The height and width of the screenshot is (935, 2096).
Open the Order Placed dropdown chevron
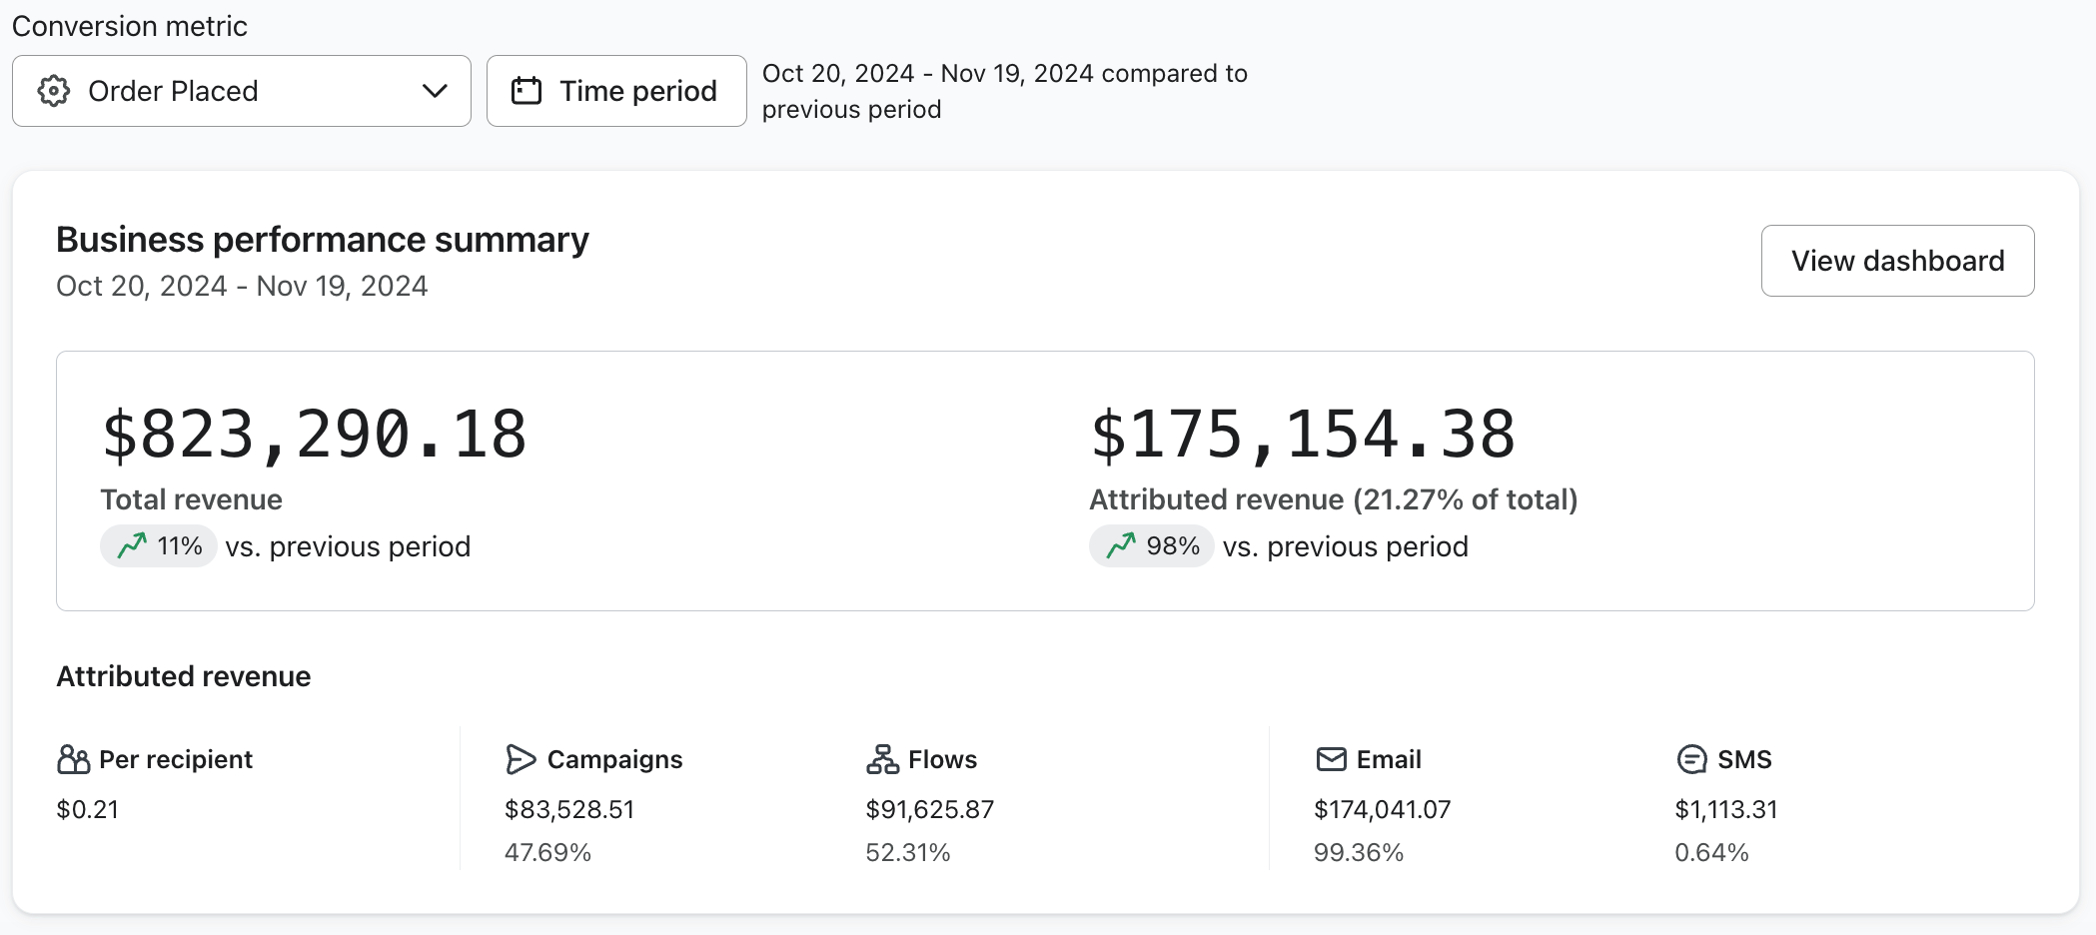tap(435, 91)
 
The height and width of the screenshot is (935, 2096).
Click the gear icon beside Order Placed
tap(54, 91)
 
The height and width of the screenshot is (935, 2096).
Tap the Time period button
tap(616, 91)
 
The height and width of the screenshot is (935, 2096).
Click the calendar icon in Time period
tap(526, 91)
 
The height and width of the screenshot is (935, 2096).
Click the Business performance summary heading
tap(322, 240)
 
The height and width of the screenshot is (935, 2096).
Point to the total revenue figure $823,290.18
tap(314, 435)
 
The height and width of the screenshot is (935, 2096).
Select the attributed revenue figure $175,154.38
tap(1302, 435)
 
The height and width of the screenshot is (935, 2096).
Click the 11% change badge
tap(159, 546)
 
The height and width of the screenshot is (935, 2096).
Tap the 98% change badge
tap(1151, 546)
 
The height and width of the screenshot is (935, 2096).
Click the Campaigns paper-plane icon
tap(521, 759)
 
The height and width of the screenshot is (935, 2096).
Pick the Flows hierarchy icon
tap(882, 759)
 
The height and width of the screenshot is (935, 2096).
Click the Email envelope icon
tap(1331, 759)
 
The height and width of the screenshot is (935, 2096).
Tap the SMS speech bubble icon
tap(1691, 759)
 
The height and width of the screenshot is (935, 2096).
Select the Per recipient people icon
tap(73, 759)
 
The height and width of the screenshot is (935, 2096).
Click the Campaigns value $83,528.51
tap(569, 809)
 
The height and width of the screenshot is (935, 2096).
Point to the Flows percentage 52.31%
tap(907, 852)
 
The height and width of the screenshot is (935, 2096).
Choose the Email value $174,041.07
tap(1382, 809)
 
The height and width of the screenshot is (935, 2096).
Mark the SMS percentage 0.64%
tap(1711, 852)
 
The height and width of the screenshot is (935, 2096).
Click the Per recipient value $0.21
tap(88, 809)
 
